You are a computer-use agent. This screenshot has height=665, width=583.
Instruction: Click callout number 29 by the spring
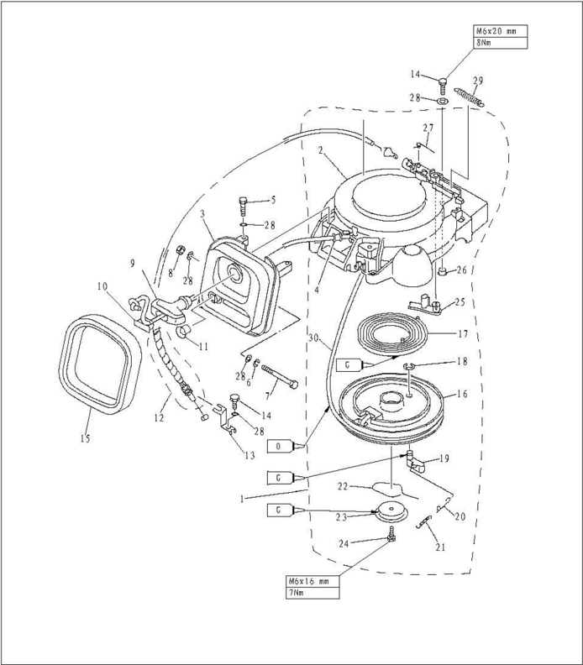coord(477,81)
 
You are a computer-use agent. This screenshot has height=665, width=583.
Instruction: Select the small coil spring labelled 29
coord(469,95)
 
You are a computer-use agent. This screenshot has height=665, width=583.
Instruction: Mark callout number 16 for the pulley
coord(462,392)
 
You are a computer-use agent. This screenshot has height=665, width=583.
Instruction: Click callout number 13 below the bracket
coord(249,456)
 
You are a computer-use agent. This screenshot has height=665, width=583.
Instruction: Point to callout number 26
coord(461,270)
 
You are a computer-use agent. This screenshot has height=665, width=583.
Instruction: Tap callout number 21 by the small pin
coord(440,547)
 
